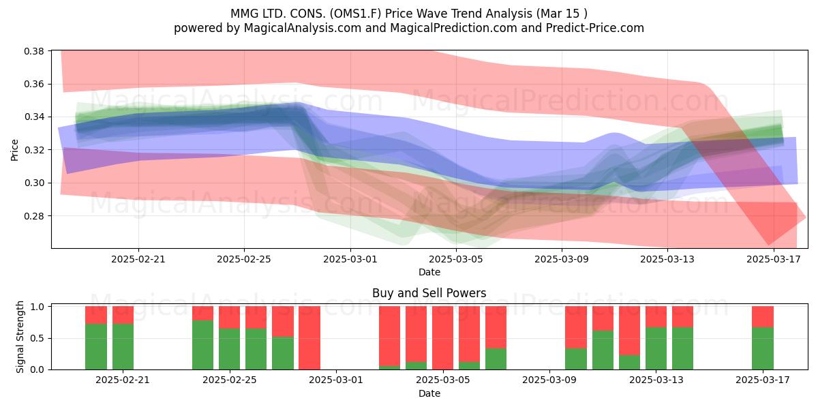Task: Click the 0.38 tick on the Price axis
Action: tap(34, 51)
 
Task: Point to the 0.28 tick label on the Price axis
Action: tap(34, 216)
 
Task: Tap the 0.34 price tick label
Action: tap(34, 117)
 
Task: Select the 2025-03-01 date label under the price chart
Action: tap(350, 259)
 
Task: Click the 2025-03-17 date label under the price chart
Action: tap(774, 259)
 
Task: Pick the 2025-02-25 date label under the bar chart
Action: tap(229, 380)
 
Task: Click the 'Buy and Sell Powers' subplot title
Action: tap(429, 293)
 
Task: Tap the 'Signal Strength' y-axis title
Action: tap(20, 337)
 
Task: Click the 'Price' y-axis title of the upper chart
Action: tap(14, 150)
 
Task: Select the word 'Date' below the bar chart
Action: tap(429, 394)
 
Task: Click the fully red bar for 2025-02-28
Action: tap(309, 338)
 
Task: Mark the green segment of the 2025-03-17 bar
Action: tap(763, 348)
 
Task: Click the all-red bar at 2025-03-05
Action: tap(442, 338)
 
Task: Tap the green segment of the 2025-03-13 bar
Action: tap(656, 348)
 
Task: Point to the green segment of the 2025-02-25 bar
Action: tap(229, 349)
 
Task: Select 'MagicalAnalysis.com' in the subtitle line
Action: tap(303, 28)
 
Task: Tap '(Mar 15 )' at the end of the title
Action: tap(562, 14)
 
